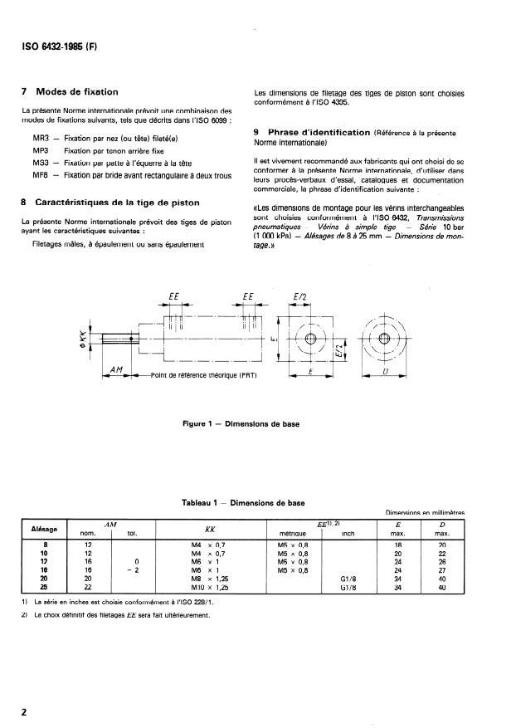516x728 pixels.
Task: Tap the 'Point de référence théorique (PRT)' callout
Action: pyautogui.click(x=204, y=375)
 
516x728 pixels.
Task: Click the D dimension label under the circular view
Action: pyautogui.click(x=384, y=374)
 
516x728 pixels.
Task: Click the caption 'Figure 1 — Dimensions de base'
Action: pyautogui.click(x=241, y=424)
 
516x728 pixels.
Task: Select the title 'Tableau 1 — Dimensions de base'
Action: pyautogui.click(x=244, y=502)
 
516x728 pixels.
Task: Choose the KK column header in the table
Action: pyautogui.click(x=210, y=527)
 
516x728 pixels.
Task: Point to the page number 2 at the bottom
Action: pyautogui.click(x=25, y=711)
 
